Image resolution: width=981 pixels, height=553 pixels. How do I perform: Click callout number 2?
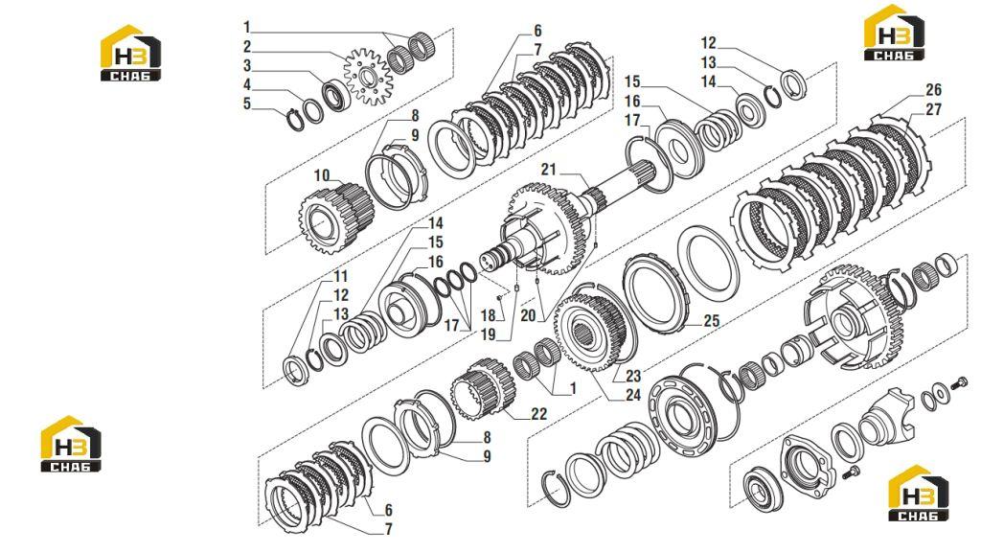[x=247, y=46]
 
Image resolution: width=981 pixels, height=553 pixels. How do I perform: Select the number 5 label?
[x=247, y=104]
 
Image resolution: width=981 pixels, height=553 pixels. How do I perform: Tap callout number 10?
[x=322, y=175]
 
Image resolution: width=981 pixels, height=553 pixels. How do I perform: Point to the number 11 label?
[x=340, y=276]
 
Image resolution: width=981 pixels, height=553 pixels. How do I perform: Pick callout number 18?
[x=488, y=315]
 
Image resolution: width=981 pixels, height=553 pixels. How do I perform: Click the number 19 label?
[x=488, y=334]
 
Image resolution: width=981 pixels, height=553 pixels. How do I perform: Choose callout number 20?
[x=528, y=315]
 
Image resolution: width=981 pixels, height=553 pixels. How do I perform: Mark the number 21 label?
[x=549, y=169]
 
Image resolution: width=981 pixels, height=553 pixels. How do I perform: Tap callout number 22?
[x=538, y=413]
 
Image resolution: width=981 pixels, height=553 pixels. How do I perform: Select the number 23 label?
[x=633, y=376]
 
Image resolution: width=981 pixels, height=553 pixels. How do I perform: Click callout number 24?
[x=633, y=395]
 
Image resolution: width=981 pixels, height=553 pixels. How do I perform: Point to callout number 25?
[x=712, y=321]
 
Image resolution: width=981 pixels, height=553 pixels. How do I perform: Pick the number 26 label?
[x=933, y=89]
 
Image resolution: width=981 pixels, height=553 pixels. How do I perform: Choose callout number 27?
[x=933, y=109]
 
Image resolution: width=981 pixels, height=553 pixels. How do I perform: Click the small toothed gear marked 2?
[x=368, y=79]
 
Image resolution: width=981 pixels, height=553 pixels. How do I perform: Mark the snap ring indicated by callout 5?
[x=295, y=120]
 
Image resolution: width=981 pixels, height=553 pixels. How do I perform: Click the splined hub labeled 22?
[x=484, y=389]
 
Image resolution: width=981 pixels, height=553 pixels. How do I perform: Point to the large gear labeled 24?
[x=591, y=334]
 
